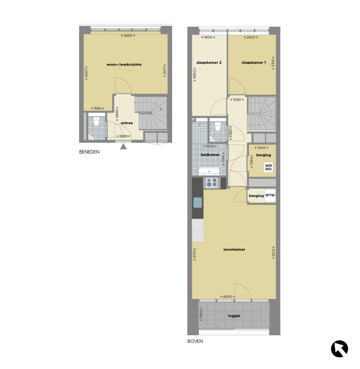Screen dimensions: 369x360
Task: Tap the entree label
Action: click(127, 123)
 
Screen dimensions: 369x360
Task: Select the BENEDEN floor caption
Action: click(90, 152)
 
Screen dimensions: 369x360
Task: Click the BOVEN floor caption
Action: click(195, 341)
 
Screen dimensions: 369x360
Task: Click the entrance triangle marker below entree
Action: click(123, 147)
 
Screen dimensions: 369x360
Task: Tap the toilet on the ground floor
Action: click(96, 123)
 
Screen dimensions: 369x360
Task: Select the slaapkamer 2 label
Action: click(209, 62)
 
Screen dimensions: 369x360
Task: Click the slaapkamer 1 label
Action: click(254, 62)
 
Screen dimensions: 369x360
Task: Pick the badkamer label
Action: click(210, 155)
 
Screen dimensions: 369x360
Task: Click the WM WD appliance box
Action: click(268, 167)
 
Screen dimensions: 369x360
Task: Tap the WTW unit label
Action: click(270, 195)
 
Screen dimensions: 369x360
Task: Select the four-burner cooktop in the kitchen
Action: click(211, 183)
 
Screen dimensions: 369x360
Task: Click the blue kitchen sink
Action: click(198, 202)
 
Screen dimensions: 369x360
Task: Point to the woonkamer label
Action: click(234, 249)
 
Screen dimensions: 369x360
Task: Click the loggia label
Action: click(234, 316)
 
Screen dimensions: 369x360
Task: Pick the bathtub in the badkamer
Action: click(210, 171)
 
